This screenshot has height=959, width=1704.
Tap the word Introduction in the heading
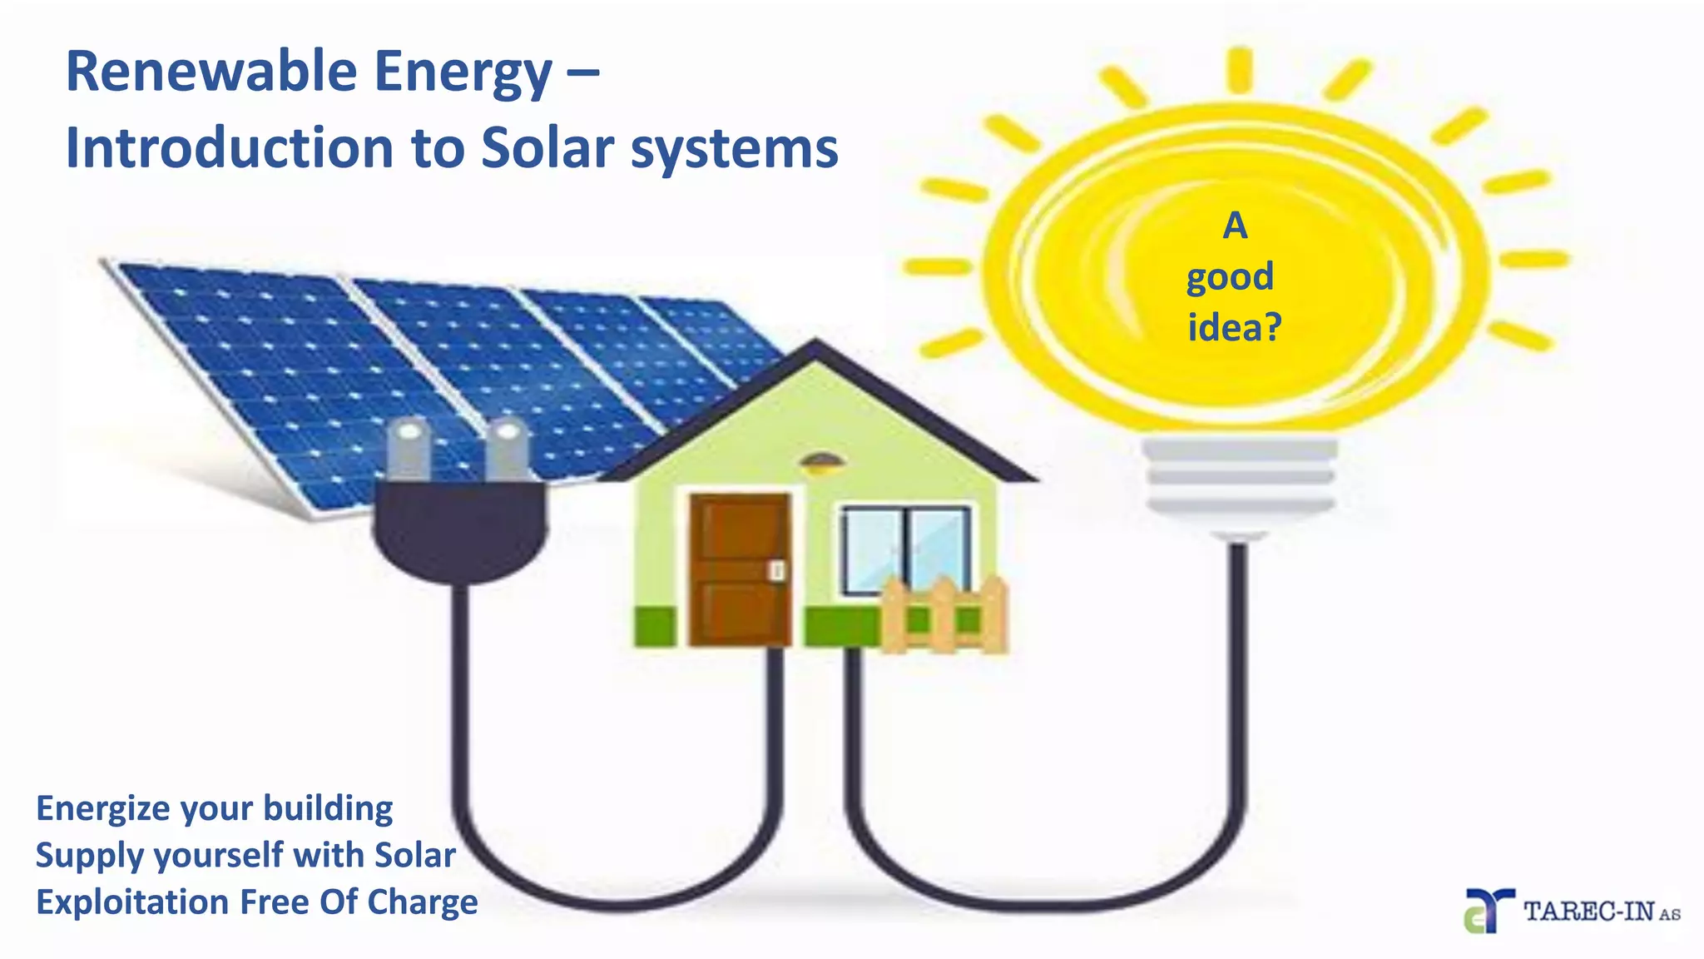[229, 148]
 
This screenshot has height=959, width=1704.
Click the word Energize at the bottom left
[102, 809]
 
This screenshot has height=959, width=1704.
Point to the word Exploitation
[131, 902]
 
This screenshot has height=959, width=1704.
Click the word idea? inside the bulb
[1234, 327]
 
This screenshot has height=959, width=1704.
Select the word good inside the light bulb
[1230, 277]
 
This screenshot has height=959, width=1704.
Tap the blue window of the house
[905, 545]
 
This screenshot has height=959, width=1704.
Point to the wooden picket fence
[944, 616]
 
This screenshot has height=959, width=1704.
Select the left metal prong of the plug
[409, 450]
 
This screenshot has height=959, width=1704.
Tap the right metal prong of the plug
[507, 450]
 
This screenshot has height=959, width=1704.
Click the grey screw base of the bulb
[1239, 479]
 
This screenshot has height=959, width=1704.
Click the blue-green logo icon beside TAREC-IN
[1488, 911]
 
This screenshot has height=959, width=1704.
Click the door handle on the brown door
[777, 570]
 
